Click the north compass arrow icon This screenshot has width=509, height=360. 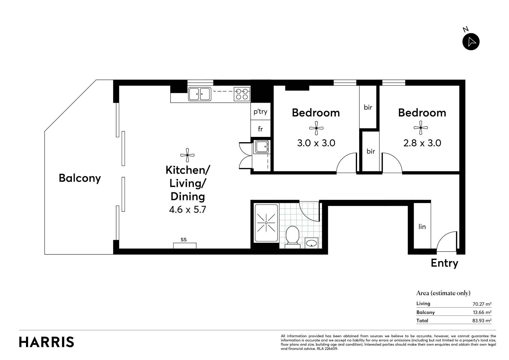(x=471, y=42)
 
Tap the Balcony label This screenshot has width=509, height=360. (x=80, y=178)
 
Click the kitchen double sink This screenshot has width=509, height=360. (x=200, y=94)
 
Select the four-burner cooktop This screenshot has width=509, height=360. (x=242, y=94)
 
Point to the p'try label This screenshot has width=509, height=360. (x=260, y=111)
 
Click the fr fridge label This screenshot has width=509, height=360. (x=260, y=129)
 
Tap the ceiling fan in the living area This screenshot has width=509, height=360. (x=187, y=155)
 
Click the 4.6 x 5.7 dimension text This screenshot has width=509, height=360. (x=188, y=210)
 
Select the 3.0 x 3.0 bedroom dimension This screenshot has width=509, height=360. (x=316, y=143)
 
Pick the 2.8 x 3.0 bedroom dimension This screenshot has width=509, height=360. (x=422, y=143)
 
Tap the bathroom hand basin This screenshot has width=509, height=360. (x=311, y=243)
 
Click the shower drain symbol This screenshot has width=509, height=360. (x=266, y=223)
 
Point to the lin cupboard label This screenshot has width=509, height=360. (x=422, y=227)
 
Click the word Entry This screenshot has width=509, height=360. (x=445, y=263)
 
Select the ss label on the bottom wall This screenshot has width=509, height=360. (x=184, y=239)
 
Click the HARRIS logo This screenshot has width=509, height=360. (x=47, y=342)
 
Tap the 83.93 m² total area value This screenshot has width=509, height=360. (x=482, y=320)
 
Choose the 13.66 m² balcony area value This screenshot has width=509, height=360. (x=482, y=312)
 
